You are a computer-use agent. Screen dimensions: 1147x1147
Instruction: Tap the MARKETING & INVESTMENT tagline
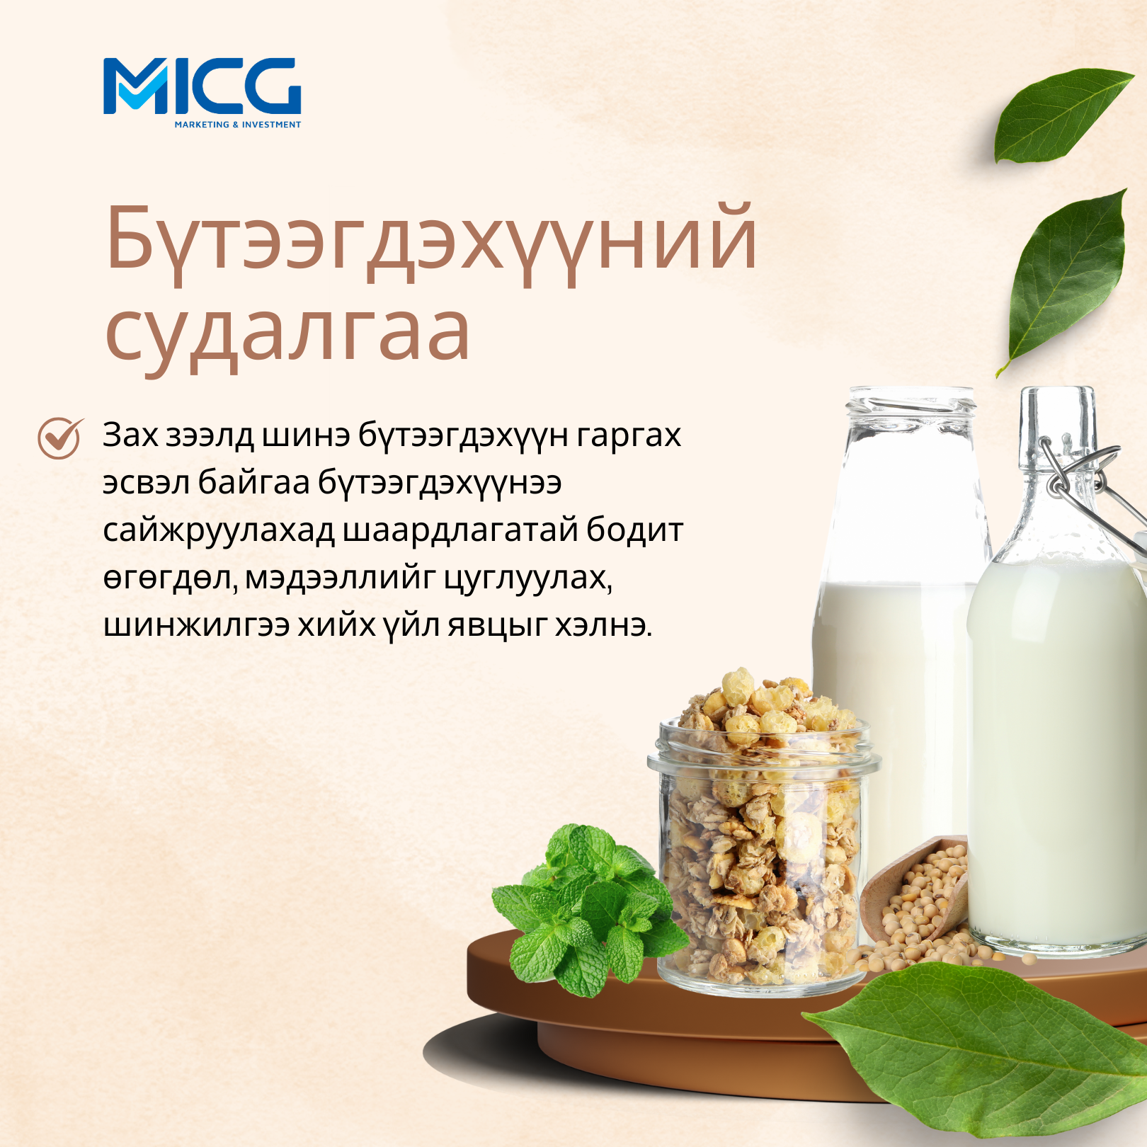(x=238, y=125)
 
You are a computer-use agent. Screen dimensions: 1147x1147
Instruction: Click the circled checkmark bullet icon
(x=60, y=438)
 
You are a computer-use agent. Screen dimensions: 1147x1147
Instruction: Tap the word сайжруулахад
(x=219, y=532)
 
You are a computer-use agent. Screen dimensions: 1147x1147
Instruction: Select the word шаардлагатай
(x=461, y=532)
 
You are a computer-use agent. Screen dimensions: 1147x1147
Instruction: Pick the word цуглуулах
(x=527, y=579)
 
